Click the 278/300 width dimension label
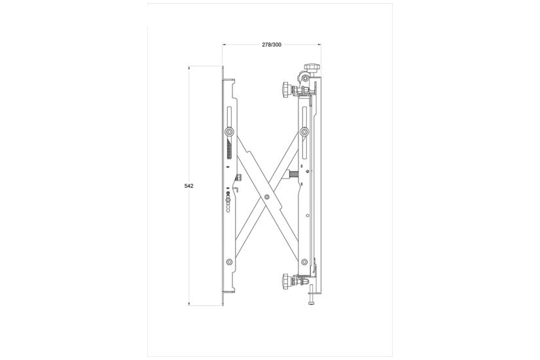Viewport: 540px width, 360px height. pos(272,45)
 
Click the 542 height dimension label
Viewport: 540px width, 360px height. pos(189,186)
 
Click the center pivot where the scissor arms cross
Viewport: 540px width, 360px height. pos(267,196)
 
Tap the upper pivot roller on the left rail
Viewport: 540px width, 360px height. pos(230,132)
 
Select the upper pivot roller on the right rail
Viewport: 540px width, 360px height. pos(305,132)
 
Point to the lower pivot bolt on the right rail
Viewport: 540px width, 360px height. pos(305,261)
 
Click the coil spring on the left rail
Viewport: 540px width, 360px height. pos(229,150)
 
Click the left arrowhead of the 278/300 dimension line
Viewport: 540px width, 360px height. pos(224,45)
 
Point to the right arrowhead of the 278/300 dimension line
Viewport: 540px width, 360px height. pos(319,45)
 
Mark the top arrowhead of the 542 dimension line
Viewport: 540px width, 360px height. pos(189,67)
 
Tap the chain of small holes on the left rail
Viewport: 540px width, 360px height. pos(229,202)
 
